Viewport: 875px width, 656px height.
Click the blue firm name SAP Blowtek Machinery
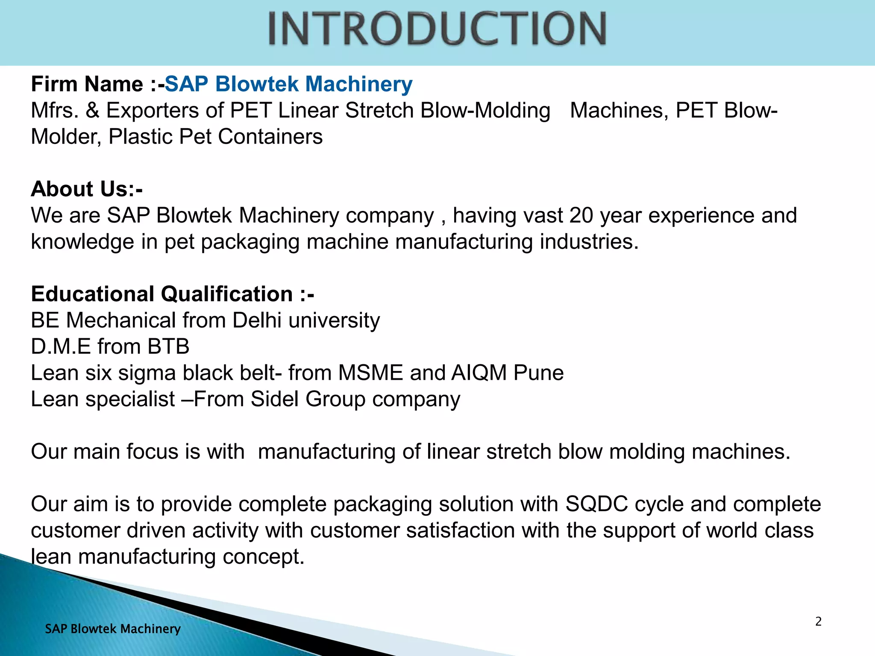pos(288,84)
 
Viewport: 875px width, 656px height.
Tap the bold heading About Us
pos(87,189)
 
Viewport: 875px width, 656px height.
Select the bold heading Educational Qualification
pos(173,294)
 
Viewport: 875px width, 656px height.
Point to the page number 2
pos(818,621)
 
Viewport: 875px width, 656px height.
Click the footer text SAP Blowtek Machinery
pos(113,629)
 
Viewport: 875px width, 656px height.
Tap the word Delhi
pos(257,320)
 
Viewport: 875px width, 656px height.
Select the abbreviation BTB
pos(168,346)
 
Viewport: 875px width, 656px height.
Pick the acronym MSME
pos(370,373)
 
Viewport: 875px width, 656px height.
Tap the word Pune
pos(538,373)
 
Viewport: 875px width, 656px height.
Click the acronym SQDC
pos(596,504)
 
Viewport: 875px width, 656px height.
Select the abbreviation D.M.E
pos(61,346)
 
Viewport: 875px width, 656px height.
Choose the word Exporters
pos(153,111)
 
